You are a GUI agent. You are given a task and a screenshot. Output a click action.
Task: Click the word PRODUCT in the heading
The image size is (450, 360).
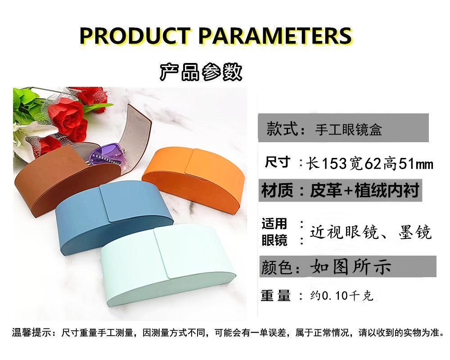(135, 36)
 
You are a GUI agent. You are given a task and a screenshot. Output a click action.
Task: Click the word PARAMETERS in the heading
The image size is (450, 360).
(275, 36)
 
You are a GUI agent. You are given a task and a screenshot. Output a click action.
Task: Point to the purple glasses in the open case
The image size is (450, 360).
(107, 157)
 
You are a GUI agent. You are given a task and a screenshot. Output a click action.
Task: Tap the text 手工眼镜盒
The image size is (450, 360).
(348, 130)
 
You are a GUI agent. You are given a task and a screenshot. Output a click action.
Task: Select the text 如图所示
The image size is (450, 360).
(351, 266)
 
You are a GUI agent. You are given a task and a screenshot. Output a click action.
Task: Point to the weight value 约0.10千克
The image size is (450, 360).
(342, 295)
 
